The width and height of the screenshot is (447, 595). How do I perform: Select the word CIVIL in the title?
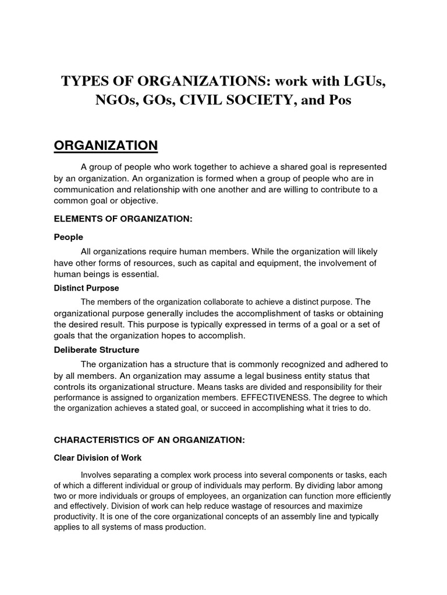198,101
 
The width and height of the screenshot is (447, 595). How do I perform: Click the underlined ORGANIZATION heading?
105,145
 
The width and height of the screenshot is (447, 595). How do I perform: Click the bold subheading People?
68,237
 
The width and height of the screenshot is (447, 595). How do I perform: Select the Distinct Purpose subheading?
86,288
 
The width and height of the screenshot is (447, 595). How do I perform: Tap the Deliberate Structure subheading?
96,350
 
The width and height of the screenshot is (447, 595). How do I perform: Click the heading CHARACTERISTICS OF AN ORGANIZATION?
149,440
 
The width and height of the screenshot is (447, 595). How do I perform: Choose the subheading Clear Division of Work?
97,458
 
